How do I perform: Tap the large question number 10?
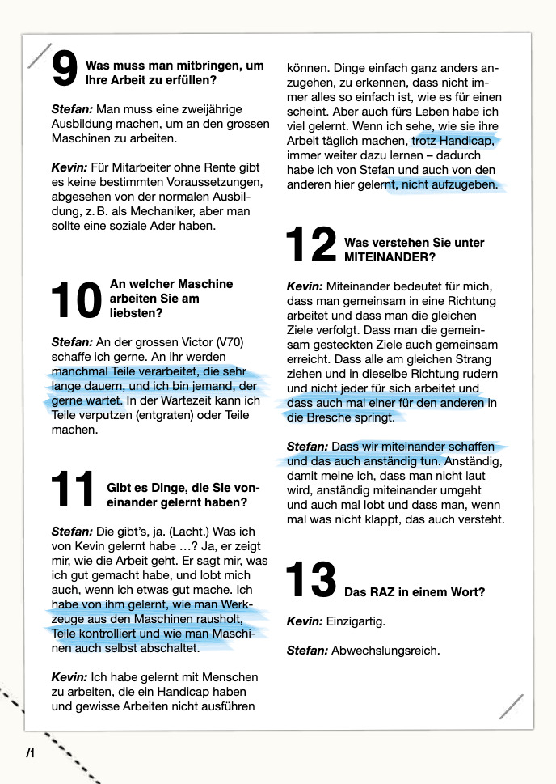(x=75, y=300)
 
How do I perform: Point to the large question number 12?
(x=311, y=246)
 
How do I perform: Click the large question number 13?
(x=311, y=581)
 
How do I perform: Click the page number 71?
(x=30, y=752)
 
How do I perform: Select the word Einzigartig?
(x=356, y=621)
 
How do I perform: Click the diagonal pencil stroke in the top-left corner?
(x=39, y=55)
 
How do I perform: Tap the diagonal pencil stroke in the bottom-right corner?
(x=511, y=706)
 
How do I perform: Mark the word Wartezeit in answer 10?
(x=190, y=400)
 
